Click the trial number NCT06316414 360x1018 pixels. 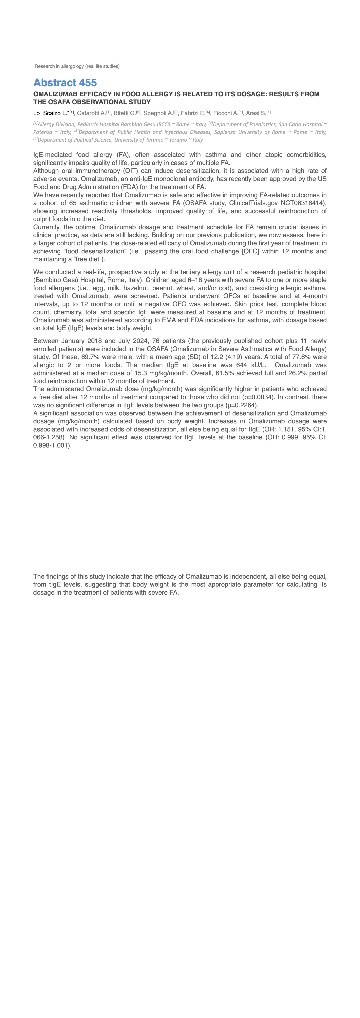pos(303,203)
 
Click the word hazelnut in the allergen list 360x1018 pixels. pos(133,288)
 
